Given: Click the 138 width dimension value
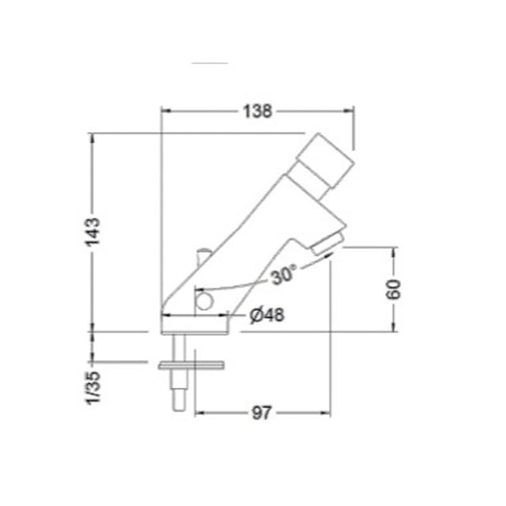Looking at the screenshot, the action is point(257,111).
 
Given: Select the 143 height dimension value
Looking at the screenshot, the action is point(92,232).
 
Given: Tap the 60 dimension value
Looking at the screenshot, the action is point(393,290).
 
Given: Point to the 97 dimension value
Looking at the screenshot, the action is point(261,413).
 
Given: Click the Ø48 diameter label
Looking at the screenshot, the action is point(267,314).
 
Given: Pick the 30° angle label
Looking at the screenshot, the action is point(283,275).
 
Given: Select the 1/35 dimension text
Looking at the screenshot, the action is point(92,388).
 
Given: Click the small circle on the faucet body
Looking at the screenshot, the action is point(204,302).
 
